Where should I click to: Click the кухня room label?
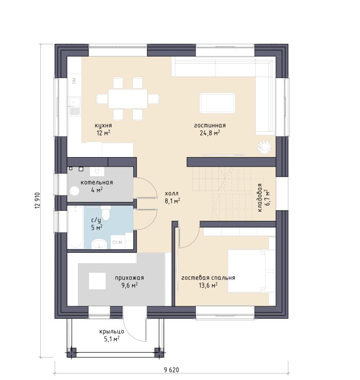point(103,125)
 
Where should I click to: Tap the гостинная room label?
point(210,125)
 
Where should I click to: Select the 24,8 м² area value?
point(210,133)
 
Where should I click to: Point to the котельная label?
point(96,183)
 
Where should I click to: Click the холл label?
point(172,193)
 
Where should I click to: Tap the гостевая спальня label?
point(208,278)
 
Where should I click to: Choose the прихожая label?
point(129,278)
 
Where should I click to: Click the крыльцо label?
point(112,332)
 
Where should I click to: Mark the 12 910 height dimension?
point(37,200)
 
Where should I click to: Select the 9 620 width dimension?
point(172,370)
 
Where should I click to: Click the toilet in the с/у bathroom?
point(105,212)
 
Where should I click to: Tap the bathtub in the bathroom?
point(76,227)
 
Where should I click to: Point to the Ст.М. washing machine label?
point(118,242)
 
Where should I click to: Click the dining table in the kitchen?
point(128,99)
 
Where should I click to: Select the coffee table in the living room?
point(217,103)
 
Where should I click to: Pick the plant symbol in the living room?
point(264,147)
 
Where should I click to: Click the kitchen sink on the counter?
point(74,105)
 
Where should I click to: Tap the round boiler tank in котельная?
point(75,191)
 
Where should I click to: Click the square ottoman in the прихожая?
point(97,281)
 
